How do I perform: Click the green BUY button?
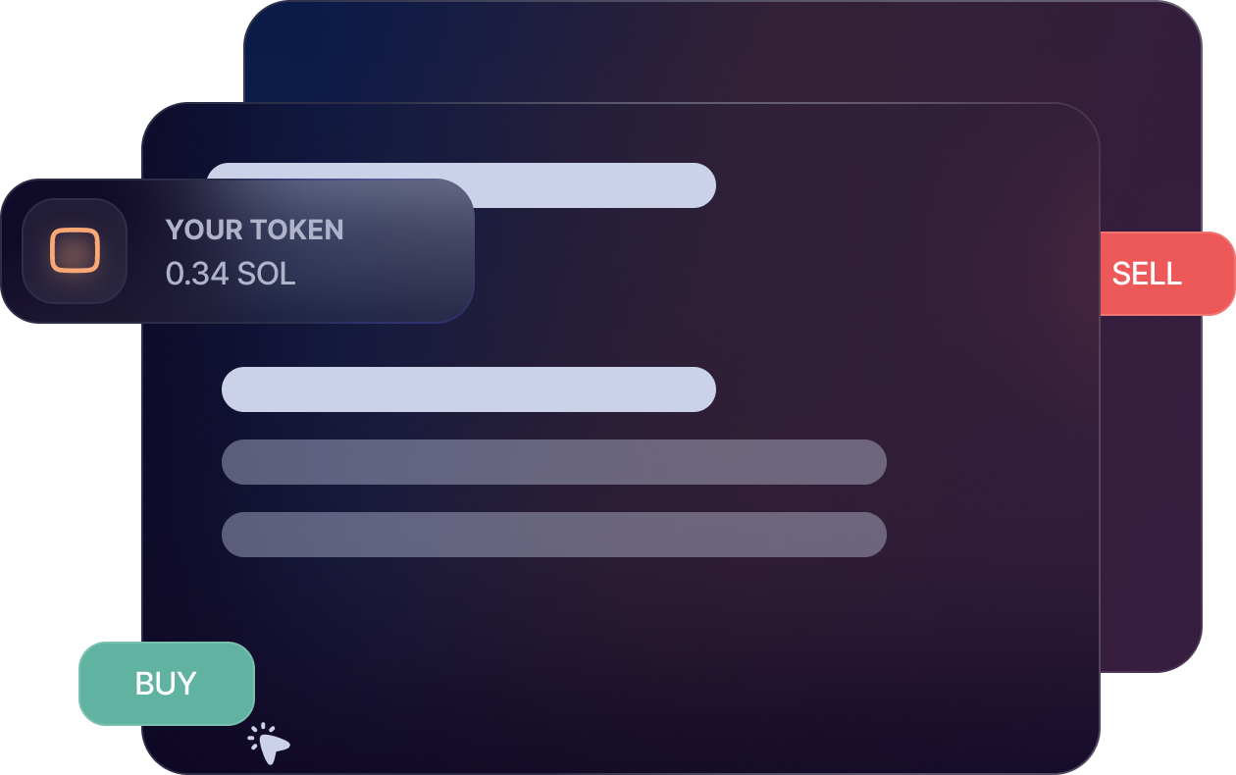tap(166, 684)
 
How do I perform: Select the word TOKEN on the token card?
tap(295, 230)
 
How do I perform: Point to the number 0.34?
tap(197, 274)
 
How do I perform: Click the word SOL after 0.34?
tap(266, 274)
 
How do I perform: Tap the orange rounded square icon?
tap(75, 250)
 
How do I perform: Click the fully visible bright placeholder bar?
tap(469, 389)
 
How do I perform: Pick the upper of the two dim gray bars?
tap(554, 462)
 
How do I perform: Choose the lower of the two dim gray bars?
tap(554, 535)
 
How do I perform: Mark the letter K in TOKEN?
tap(293, 230)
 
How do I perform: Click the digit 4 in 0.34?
tap(219, 274)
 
